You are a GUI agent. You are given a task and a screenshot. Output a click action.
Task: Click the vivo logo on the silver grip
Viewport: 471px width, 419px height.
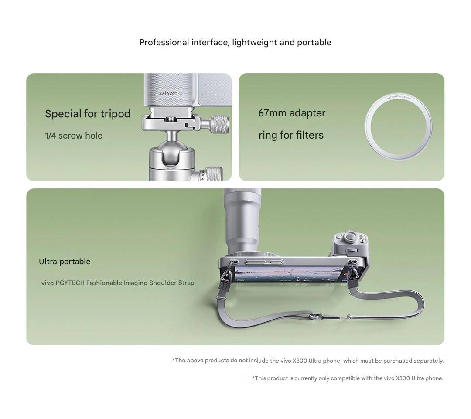(x=168, y=93)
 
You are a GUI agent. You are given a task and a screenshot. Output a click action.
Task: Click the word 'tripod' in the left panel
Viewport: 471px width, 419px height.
(x=115, y=114)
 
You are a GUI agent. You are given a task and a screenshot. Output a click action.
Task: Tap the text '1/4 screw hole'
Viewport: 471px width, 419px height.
(x=74, y=136)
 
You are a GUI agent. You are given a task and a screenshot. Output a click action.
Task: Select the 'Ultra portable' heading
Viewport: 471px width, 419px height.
(x=65, y=262)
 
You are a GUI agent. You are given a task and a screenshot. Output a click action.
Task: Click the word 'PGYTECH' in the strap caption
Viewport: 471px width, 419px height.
(x=70, y=283)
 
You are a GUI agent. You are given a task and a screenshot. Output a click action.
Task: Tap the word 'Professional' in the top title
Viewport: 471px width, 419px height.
(x=164, y=42)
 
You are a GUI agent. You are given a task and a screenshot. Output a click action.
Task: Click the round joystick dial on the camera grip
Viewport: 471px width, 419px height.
(x=349, y=238)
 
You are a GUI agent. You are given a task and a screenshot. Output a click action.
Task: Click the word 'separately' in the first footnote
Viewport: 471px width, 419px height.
(x=428, y=361)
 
